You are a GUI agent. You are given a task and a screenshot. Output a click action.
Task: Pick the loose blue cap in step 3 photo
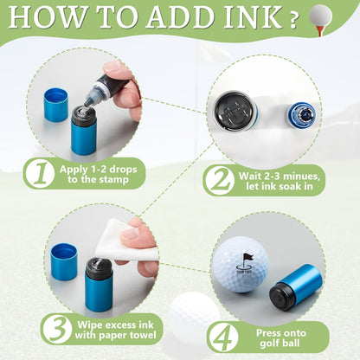pos(63,261)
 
